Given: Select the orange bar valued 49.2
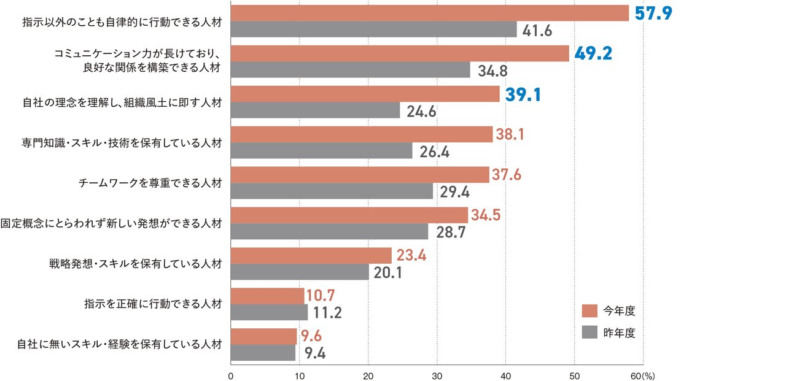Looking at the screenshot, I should tap(400, 53).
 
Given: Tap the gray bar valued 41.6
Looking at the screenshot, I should tap(374, 29).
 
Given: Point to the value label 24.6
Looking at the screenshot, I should tap(421, 111).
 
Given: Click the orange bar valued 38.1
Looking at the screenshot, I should tap(362, 134).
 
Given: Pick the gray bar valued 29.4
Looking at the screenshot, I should tap(332, 191).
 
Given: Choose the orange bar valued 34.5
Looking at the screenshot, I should tap(349, 215).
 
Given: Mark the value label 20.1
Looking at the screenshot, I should tap(387, 272).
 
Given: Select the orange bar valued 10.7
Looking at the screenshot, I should tap(267, 296).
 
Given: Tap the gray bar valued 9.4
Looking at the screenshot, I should tap(263, 353).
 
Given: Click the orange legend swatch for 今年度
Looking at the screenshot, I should tap(589, 310).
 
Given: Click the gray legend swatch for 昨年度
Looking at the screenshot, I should tap(589, 333).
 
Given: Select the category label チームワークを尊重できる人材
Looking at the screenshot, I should tap(150, 183).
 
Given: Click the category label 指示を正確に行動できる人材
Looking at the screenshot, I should tap(153, 303).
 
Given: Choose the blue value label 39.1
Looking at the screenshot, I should tap(523, 94).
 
